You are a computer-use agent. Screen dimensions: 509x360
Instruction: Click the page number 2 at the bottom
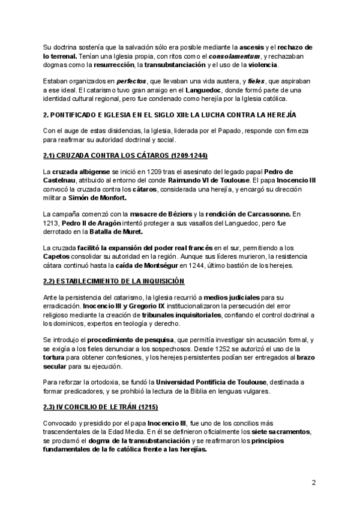click(x=313, y=483)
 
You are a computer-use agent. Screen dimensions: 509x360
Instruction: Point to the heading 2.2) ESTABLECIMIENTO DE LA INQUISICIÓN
click(x=106, y=281)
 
